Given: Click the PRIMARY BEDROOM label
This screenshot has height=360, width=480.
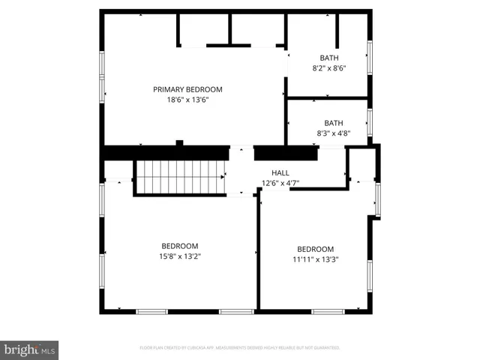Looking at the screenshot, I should (187, 89).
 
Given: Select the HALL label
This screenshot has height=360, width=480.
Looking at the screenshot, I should (280, 172).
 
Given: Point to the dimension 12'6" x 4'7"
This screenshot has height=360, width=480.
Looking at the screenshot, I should (280, 183).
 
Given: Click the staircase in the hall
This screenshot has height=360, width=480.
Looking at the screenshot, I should (180, 178).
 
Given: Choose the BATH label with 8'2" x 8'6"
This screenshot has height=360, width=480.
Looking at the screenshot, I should (329, 58).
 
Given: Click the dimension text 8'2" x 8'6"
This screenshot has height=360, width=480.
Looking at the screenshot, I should (329, 68).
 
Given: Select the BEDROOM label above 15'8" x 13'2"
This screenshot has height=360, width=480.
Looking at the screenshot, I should (180, 246).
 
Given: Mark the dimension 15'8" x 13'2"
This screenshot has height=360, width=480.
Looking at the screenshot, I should (180, 256).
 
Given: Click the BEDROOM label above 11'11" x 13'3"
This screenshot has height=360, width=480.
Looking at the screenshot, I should (315, 250).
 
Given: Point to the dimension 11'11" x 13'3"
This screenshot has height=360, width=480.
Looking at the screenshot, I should (315, 260).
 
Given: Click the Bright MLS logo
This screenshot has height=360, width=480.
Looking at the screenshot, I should (29, 349).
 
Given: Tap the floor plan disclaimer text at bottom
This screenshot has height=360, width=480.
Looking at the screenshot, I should (240, 348).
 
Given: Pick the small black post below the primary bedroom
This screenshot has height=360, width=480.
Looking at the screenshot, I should (179, 142).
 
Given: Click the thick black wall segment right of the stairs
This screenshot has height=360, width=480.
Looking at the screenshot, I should (286, 153).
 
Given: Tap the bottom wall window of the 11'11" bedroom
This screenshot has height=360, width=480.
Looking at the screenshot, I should (328, 311).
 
